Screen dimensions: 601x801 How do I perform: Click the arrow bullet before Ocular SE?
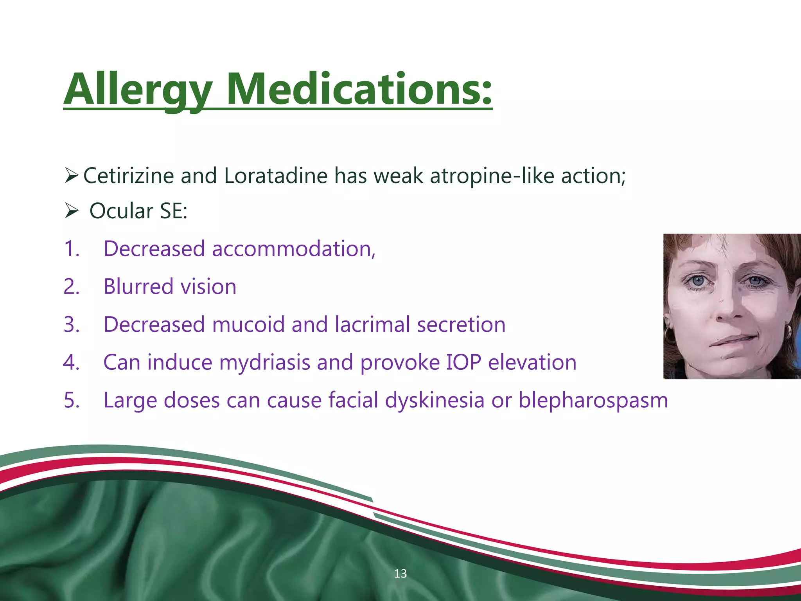(72, 211)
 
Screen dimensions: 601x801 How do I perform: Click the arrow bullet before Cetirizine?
(72, 176)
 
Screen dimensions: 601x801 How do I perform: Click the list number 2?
(71, 287)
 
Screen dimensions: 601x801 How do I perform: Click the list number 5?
(71, 401)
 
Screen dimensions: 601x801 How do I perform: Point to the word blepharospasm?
(593, 401)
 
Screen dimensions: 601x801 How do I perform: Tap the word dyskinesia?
(435, 401)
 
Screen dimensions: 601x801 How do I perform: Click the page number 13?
(400, 574)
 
